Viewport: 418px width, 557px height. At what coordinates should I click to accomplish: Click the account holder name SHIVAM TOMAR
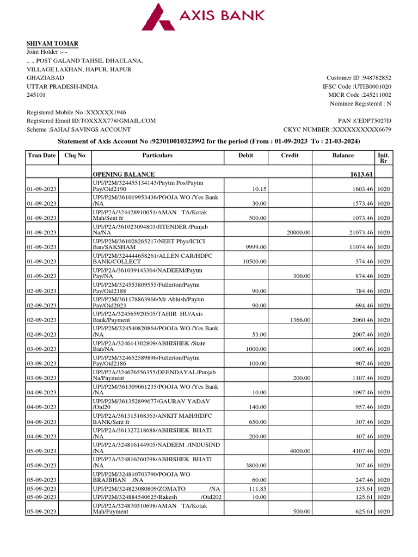(x=53, y=44)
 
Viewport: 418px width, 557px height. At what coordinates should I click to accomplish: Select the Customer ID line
(x=359, y=78)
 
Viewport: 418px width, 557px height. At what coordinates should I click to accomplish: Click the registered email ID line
(x=91, y=121)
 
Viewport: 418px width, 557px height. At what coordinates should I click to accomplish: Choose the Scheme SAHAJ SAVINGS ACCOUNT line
(x=79, y=129)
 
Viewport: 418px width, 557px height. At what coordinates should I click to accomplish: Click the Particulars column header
(x=157, y=156)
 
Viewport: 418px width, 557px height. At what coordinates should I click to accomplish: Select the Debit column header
(x=246, y=156)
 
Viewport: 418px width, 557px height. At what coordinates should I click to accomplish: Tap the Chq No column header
(x=75, y=156)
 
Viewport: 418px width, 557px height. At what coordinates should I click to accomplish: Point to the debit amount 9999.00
(x=256, y=247)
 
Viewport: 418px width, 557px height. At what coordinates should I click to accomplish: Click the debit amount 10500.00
(x=254, y=262)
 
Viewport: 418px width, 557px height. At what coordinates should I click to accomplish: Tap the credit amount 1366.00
(x=300, y=320)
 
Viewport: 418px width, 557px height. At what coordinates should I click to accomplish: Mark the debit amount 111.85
(x=256, y=488)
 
